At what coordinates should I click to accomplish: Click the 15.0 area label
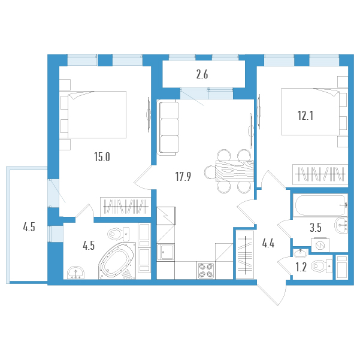(x=102, y=157)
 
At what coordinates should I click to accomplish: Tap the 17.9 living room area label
(x=183, y=177)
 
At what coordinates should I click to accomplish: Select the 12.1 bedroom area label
(x=305, y=116)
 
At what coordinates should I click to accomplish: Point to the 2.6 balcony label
(x=202, y=75)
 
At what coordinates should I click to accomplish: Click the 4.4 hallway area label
(x=268, y=243)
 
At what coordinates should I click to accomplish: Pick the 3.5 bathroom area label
(x=316, y=228)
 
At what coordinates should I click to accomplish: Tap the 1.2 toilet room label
(x=301, y=267)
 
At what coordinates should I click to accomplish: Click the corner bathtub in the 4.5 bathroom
(x=117, y=261)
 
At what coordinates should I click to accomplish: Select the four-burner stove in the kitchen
(x=206, y=271)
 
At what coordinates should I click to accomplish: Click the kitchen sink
(x=165, y=252)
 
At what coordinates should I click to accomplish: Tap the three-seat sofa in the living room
(x=168, y=128)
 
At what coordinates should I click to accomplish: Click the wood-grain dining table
(x=234, y=171)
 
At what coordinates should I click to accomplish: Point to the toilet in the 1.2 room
(x=322, y=267)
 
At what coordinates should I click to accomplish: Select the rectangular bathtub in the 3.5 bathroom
(x=320, y=205)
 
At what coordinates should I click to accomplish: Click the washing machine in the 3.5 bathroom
(x=320, y=246)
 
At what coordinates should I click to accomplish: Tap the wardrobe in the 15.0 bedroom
(x=125, y=207)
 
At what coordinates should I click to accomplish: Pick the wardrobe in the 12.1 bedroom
(x=320, y=174)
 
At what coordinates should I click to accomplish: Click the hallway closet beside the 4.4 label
(x=245, y=255)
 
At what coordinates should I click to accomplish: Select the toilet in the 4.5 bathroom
(x=119, y=234)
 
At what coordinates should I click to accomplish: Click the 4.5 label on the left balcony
(x=29, y=227)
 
